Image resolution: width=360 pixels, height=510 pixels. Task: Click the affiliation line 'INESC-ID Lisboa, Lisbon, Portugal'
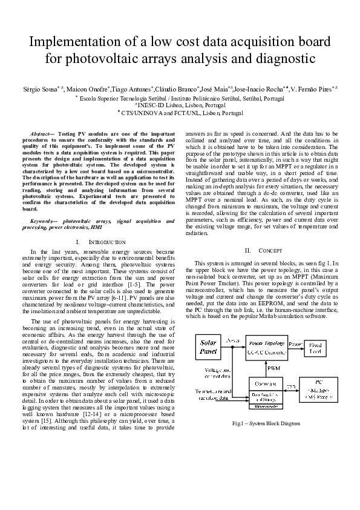tap(180, 104)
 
